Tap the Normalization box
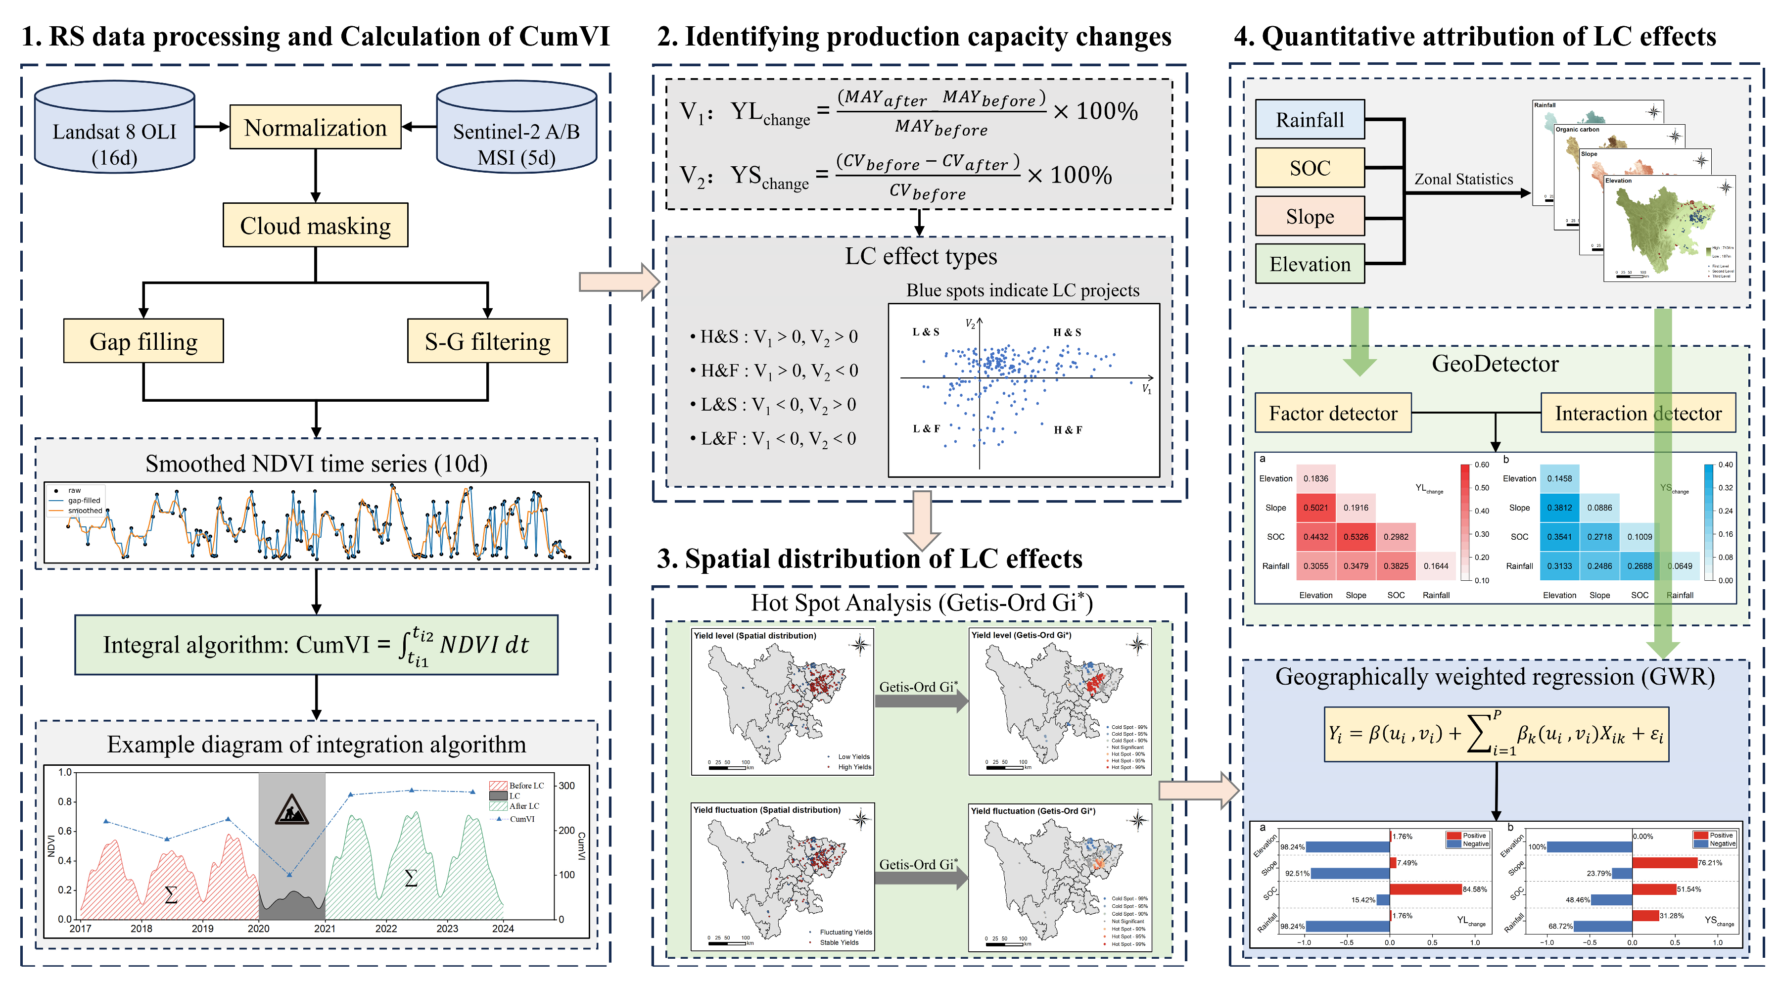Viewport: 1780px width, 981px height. [315, 127]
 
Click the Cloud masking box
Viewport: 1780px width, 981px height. [315, 225]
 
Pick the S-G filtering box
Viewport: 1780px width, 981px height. [487, 341]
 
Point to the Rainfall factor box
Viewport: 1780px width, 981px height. [1310, 120]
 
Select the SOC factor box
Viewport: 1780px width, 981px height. [1310, 168]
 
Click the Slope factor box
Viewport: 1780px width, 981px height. [1310, 216]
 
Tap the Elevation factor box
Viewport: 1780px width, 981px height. [1310, 264]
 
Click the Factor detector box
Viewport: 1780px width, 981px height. [1333, 413]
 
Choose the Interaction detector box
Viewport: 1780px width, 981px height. [1638, 413]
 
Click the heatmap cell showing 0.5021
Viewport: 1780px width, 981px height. [1315, 508]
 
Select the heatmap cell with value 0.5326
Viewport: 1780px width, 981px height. [1356, 537]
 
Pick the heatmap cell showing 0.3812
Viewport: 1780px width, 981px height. [1559, 508]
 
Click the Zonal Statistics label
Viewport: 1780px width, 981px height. [1463, 180]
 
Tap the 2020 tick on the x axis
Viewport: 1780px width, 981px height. [258, 929]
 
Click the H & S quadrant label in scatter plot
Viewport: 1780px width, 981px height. [1067, 332]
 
